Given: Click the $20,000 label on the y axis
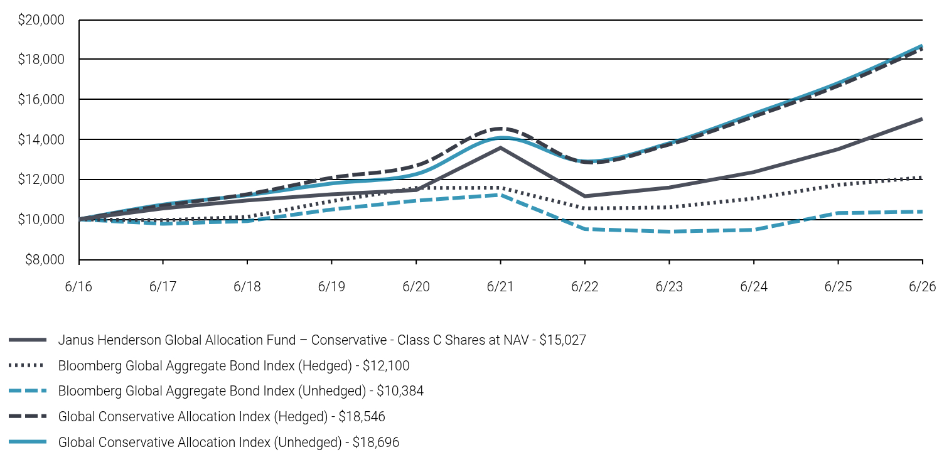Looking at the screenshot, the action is click(41, 20).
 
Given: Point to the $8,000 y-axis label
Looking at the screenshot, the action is click(45, 260).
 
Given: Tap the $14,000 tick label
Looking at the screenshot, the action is click(41, 139).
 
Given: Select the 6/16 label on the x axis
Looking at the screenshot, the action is click(78, 287).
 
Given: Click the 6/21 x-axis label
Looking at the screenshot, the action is click(500, 287).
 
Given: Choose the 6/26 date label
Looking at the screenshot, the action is click(922, 287).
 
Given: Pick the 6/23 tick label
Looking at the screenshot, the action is click(669, 287).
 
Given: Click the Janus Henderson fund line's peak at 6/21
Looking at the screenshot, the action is click(500, 148).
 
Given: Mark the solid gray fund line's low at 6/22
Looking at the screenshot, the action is click(585, 196).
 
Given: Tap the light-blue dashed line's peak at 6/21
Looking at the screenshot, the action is click(500, 195).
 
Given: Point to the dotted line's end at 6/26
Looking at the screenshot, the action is click(922, 178).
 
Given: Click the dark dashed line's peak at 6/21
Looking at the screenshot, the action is click(500, 128).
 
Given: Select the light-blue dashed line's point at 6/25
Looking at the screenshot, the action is click(838, 213).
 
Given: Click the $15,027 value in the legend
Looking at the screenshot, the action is click(562, 340).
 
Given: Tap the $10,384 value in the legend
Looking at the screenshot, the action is click(400, 391).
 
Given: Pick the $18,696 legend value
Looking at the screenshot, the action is click(376, 442).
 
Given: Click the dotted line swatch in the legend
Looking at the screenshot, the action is click(27, 365).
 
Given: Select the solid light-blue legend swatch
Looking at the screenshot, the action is click(27, 442).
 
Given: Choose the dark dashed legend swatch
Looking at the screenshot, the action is click(27, 416).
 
